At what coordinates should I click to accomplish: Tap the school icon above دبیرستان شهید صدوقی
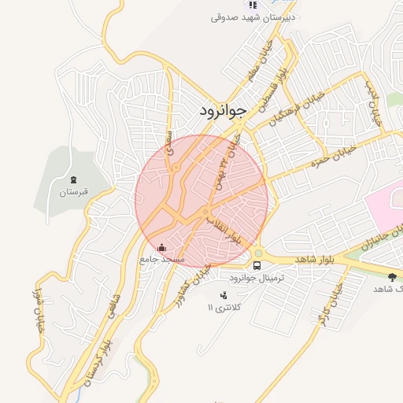252,5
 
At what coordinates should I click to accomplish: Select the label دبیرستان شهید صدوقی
253,17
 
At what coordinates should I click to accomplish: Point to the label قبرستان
76,191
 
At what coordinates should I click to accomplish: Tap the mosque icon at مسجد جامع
162,247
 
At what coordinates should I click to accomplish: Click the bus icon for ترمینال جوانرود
257,264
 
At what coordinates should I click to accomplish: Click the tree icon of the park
393,276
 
